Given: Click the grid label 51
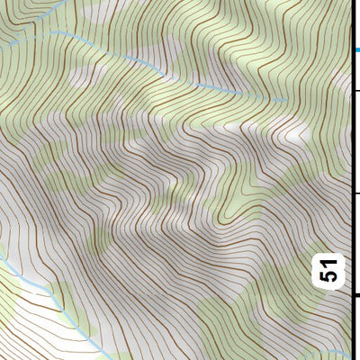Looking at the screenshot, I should (331, 270).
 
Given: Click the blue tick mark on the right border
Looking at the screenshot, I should (355, 50).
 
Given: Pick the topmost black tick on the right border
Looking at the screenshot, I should (355, 89).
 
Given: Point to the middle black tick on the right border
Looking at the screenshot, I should (355, 193).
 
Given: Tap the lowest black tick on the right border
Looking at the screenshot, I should (355, 294).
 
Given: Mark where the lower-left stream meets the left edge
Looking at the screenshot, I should (1, 261).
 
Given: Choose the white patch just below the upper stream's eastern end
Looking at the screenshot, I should (292, 130).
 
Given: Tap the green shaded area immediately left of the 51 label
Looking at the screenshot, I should (301, 270).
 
